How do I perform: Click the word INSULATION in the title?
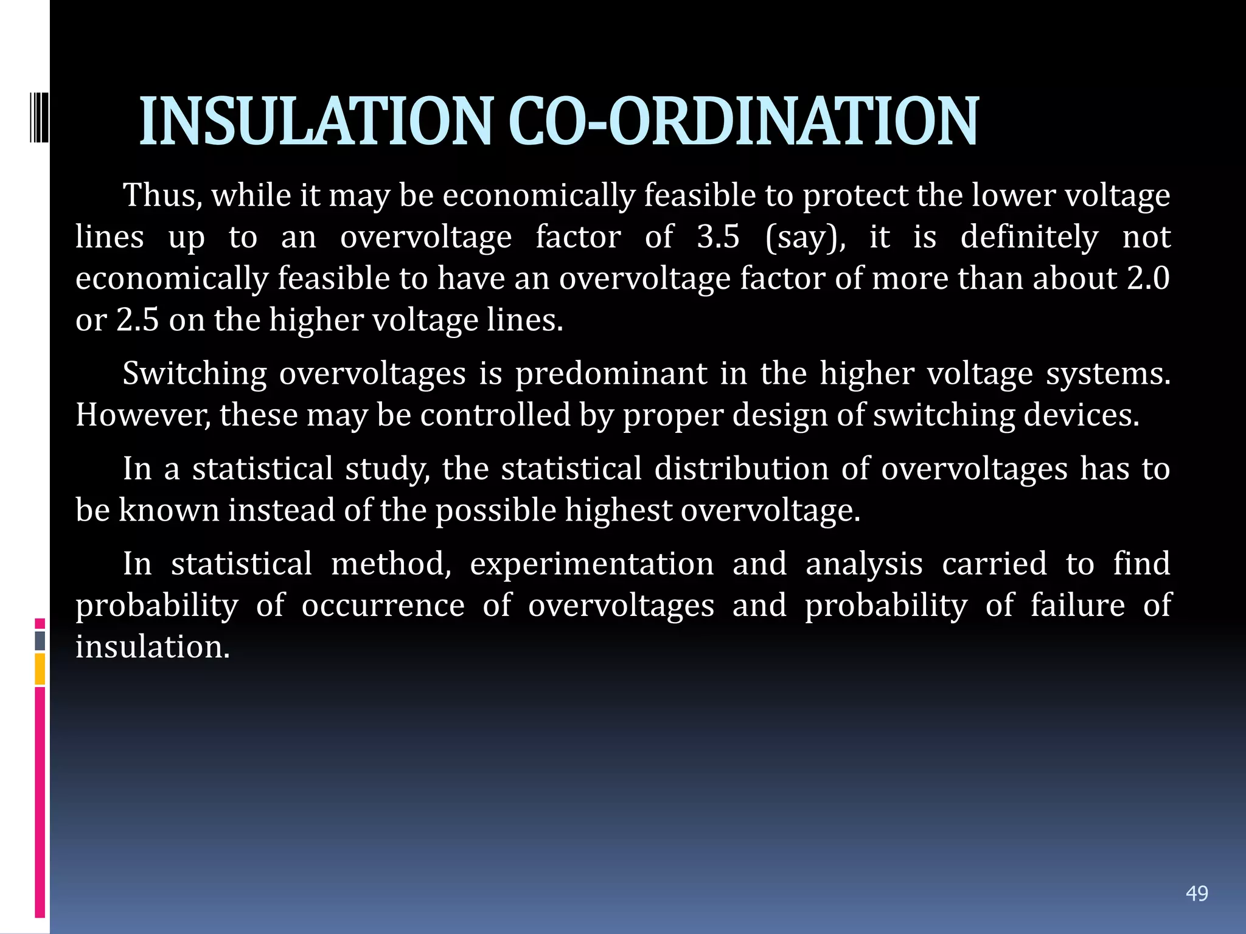[x=315, y=122]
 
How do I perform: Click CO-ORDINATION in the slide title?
[x=743, y=122]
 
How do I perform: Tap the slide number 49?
[x=1197, y=893]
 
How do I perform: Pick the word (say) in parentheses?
[x=805, y=238]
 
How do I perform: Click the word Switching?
[x=194, y=374]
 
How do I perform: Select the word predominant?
[x=611, y=374]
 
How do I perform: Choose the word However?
[x=143, y=415]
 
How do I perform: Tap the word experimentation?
[x=591, y=564]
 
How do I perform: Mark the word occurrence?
[x=383, y=606]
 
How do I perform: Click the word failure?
[x=1077, y=605]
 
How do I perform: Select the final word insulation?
[x=153, y=646]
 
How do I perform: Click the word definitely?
[x=1029, y=237]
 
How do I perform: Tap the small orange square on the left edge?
[x=40, y=669]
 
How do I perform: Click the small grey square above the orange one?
[x=40, y=640]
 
